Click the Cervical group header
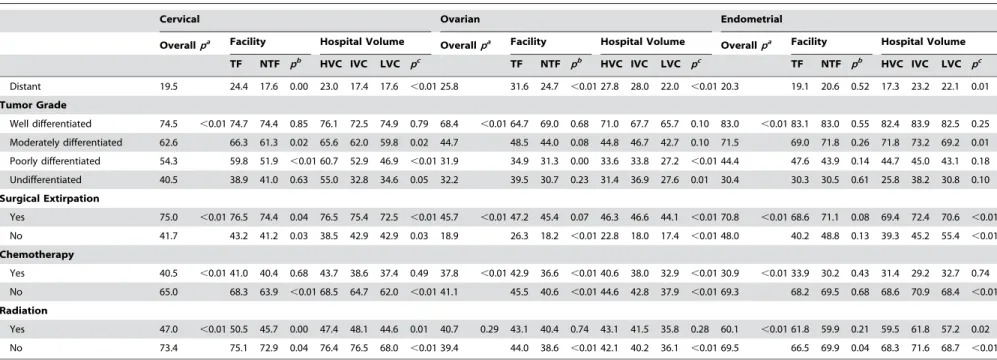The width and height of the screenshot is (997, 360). click(x=179, y=19)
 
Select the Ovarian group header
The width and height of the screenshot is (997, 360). click(x=460, y=19)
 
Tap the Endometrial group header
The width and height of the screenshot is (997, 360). click(x=751, y=19)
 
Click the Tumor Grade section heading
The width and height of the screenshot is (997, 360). click(x=33, y=105)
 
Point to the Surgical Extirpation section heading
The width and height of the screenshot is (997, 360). click(x=50, y=198)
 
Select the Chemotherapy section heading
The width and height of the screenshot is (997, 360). click(x=37, y=254)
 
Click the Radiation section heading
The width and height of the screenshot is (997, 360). click(x=24, y=310)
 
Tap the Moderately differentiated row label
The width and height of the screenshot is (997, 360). click(x=65, y=142)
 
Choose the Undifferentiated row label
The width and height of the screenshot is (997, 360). click(x=45, y=180)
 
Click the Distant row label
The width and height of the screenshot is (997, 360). click(x=25, y=87)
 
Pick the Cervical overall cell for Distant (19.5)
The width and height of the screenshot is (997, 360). click(x=168, y=87)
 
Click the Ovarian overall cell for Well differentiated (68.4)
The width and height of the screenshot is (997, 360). click(x=449, y=124)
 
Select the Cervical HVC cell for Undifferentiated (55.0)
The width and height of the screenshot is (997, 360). click(x=329, y=180)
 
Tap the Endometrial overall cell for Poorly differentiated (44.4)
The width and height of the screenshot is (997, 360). click(x=729, y=161)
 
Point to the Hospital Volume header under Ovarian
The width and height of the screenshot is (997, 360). click(x=642, y=42)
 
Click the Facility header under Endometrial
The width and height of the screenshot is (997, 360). click(x=809, y=42)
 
